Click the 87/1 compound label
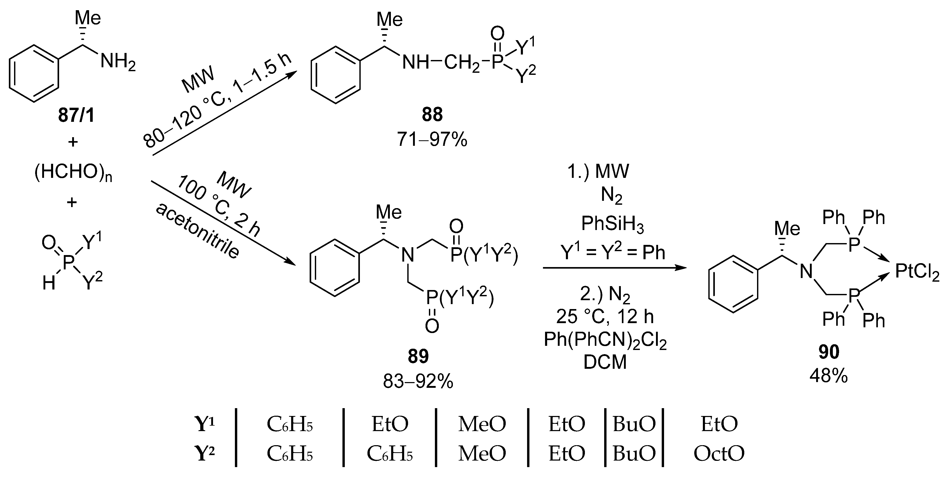click(x=76, y=116)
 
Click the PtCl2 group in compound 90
click(x=917, y=273)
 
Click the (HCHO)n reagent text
click(x=73, y=172)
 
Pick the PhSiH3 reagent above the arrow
click(x=612, y=224)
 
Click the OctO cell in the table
click(x=719, y=453)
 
